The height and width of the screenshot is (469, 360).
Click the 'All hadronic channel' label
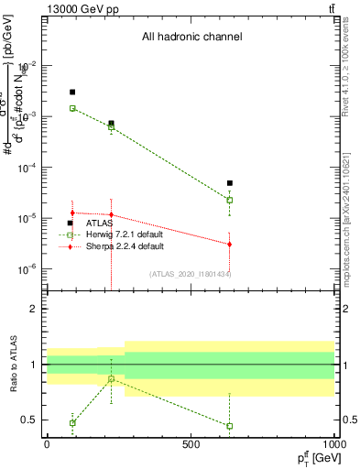click(191, 38)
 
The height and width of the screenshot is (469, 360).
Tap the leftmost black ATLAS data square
click(72, 92)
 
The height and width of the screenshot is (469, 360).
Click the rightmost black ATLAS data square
click(230, 183)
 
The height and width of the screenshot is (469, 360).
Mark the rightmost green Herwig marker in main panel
click(230, 200)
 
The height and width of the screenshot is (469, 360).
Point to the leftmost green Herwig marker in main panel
click(72, 108)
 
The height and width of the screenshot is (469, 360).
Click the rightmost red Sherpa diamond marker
click(230, 244)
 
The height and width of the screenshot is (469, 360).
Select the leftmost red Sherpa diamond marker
click(72, 213)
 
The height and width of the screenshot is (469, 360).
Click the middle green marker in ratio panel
click(112, 379)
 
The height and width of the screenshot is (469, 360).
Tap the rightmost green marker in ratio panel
click(230, 426)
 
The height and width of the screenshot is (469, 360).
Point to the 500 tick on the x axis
click(191, 443)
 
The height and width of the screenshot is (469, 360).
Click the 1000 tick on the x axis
click(334, 443)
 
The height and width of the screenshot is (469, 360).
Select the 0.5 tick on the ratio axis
click(33, 420)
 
